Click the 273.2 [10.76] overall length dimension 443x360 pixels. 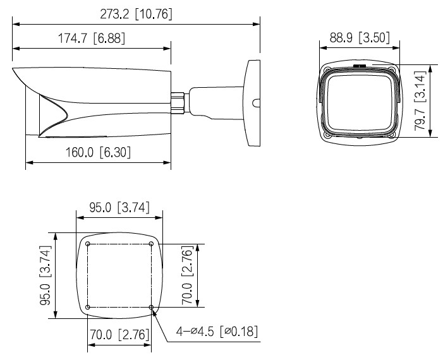(x=136, y=14)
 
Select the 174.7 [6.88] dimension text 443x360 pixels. (x=91, y=39)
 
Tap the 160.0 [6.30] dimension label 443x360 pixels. (x=98, y=152)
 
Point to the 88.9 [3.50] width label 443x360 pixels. (x=360, y=37)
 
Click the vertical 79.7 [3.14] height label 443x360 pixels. (x=420, y=101)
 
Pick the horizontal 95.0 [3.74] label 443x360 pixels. (x=119, y=208)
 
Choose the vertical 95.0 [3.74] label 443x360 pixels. (x=46, y=275)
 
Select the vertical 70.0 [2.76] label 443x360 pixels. (x=187, y=275)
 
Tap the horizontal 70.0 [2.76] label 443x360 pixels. (x=119, y=335)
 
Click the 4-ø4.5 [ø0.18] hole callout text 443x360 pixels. (x=217, y=331)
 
